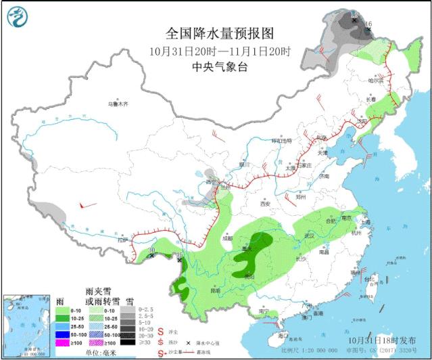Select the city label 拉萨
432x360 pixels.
click(x=122, y=240)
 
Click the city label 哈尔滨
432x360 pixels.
click(x=375, y=80)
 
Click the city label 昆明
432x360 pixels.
click(x=215, y=290)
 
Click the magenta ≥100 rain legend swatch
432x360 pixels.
click(x=65, y=343)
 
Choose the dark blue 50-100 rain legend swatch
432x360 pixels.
click(x=65, y=334)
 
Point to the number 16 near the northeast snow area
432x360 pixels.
click(x=368, y=24)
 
